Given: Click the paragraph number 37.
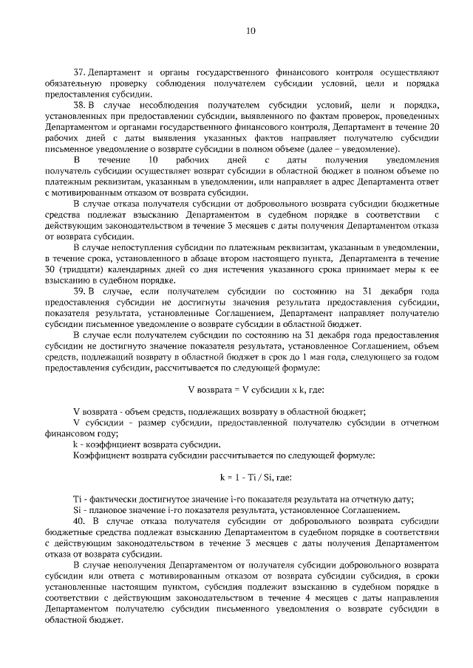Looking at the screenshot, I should pyautogui.click(x=80, y=73).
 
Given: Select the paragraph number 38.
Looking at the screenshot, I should pyautogui.click(x=80, y=106).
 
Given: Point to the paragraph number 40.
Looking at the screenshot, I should pyautogui.click(x=79, y=522).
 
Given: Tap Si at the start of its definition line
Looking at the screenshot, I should pyautogui.click(x=77, y=511).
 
